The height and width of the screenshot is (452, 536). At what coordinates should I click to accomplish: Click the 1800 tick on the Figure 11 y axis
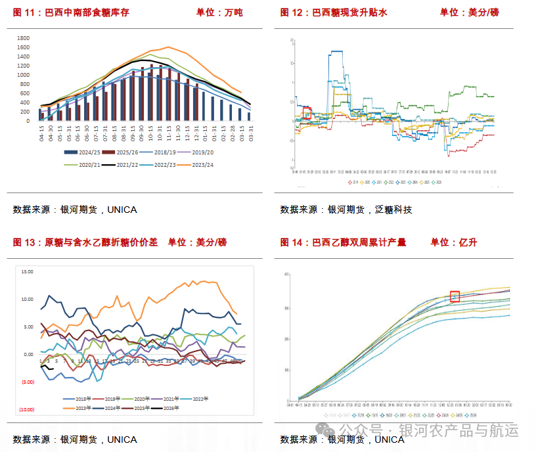pyautogui.click(x=23, y=38)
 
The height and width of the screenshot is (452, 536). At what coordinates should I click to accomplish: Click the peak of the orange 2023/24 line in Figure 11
pyautogui.click(x=169, y=47)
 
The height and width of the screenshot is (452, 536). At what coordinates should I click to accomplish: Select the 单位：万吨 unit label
pyautogui.click(x=219, y=12)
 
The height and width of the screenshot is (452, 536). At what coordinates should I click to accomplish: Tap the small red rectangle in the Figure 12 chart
pyautogui.click(x=307, y=114)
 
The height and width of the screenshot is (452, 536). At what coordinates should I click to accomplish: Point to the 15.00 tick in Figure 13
pyautogui.click(x=28, y=271)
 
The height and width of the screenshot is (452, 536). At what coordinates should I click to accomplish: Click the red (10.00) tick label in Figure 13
pyautogui.click(x=28, y=410)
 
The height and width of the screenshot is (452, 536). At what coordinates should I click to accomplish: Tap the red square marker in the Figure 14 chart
pyautogui.click(x=455, y=296)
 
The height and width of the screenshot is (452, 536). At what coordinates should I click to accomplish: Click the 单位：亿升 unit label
pyautogui.click(x=454, y=242)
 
